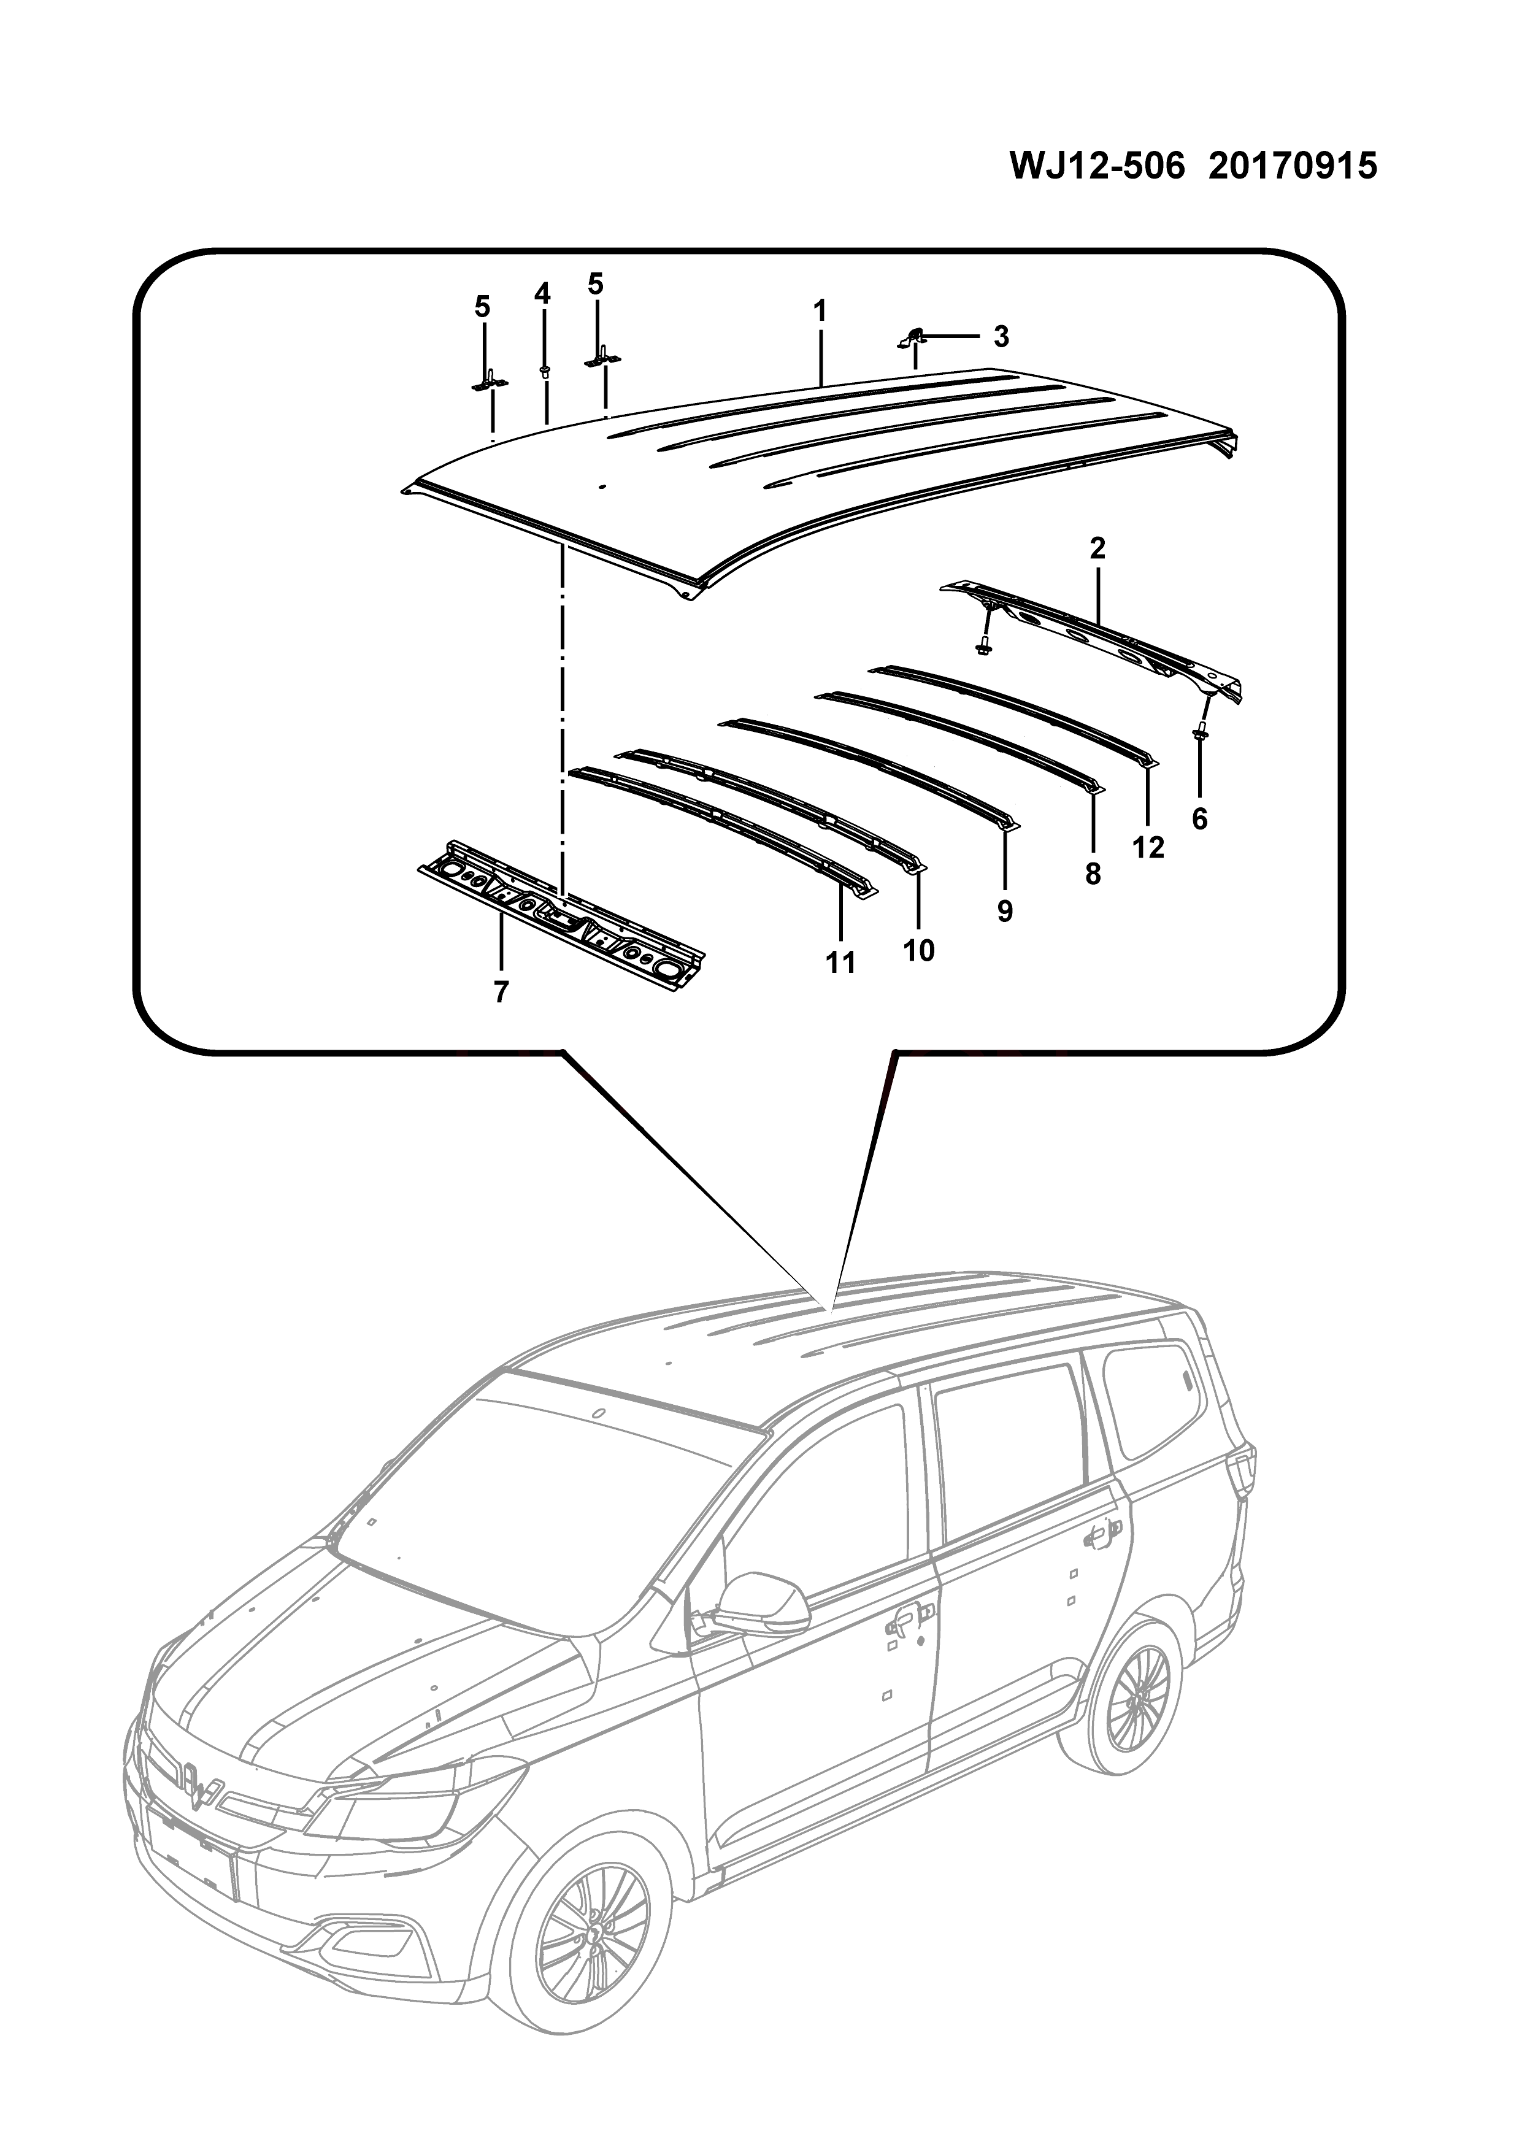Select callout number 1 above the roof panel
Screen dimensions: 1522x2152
(820, 310)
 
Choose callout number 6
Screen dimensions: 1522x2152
(1199, 818)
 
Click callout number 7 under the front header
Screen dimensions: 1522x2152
(501, 991)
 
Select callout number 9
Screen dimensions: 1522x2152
(1005, 910)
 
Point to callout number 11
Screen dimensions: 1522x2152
(840, 962)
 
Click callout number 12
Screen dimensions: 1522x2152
(1148, 847)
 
